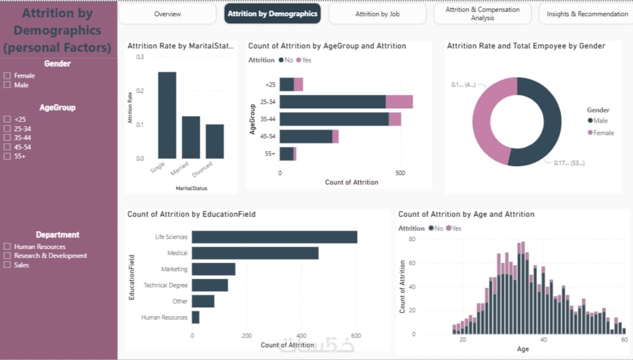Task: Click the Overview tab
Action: click(167, 14)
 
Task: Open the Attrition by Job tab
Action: click(377, 14)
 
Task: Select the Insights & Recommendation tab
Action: click(587, 14)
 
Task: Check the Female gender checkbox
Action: click(7, 76)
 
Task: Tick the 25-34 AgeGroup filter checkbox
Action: click(7, 128)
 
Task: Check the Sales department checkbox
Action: click(7, 265)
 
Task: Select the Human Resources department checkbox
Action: click(7, 247)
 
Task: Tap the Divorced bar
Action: click(215, 142)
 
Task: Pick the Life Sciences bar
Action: click(274, 237)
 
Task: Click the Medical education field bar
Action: click(255, 253)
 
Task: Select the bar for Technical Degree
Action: click(210, 285)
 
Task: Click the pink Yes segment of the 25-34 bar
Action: click(399, 102)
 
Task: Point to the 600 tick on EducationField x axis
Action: click(356, 336)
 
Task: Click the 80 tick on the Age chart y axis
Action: click(412, 239)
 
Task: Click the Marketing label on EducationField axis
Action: click(174, 269)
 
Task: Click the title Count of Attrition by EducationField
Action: click(191, 214)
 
